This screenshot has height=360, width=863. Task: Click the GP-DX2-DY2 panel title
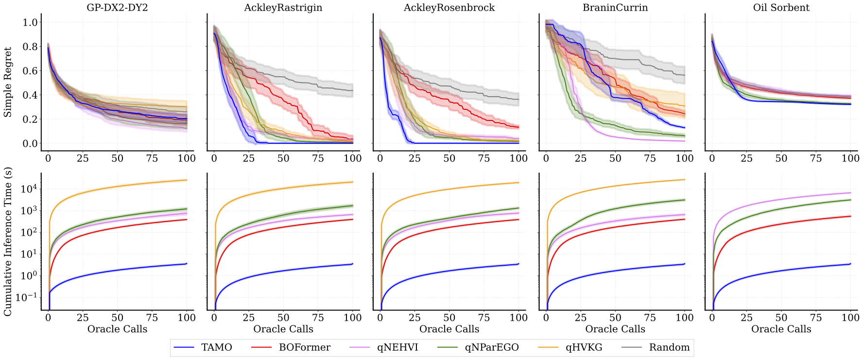(x=117, y=8)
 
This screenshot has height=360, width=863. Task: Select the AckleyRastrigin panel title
(x=283, y=8)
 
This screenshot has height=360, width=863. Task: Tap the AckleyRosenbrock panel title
(x=449, y=8)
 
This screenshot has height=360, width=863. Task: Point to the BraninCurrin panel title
(x=615, y=8)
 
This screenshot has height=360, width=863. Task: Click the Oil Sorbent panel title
(x=781, y=8)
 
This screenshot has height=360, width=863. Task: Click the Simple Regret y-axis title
(x=8, y=82)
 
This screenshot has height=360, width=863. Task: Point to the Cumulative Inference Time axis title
(x=8, y=241)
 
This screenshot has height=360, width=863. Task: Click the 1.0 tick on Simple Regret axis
(x=30, y=22)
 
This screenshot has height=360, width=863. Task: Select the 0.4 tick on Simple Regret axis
(x=30, y=95)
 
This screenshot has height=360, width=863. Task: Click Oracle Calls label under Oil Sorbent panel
(x=781, y=329)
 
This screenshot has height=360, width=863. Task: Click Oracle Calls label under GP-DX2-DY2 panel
(x=117, y=329)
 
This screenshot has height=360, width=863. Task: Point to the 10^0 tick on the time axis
(x=28, y=275)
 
